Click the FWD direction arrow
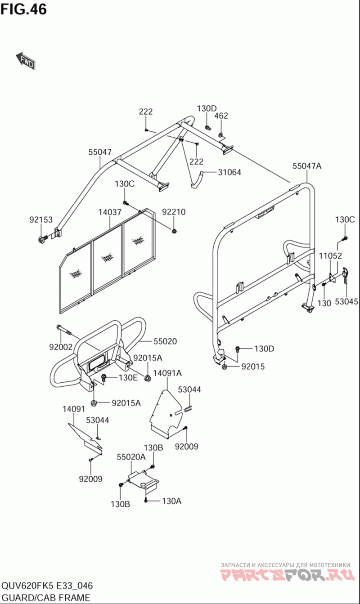click(26, 60)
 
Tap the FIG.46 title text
click(24, 9)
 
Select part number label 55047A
click(307, 166)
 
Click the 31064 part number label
click(229, 172)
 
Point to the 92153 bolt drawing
click(43, 239)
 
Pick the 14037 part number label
click(109, 212)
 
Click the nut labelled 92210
click(174, 231)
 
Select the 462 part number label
click(221, 116)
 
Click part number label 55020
click(165, 341)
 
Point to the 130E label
click(128, 378)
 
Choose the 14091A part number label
click(167, 373)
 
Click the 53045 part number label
click(346, 302)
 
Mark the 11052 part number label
click(330, 255)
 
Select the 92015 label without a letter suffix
click(253, 367)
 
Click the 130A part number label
click(171, 501)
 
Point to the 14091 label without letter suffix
click(74, 409)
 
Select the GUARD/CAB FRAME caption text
click(45, 598)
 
